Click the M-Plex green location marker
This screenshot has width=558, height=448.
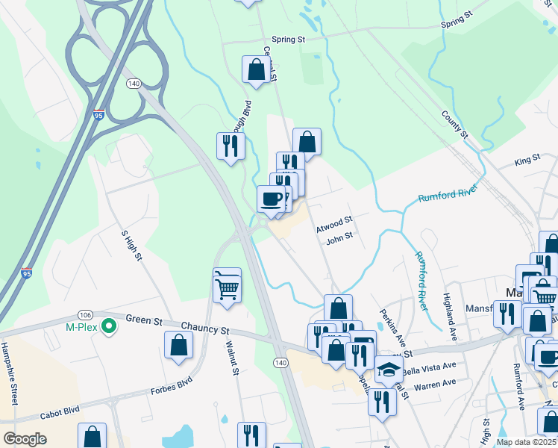tap(109, 326)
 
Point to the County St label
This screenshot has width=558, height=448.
tap(454, 124)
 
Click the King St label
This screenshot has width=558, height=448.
tap(527, 161)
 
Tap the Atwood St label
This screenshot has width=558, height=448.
tap(333, 223)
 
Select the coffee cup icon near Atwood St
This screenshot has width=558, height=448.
tap(272, 198)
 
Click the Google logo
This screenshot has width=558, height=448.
tap(25, 438)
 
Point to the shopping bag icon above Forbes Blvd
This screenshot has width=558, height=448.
tap(179, 345)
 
